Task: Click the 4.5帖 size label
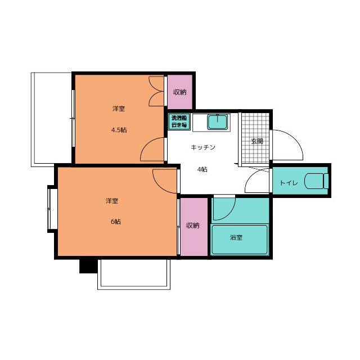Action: pyautogui.click(x=119, y=130)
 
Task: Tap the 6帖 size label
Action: pyautogui.click(x=116, y=222)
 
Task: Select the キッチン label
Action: pyautogui.click(x=203, y=147)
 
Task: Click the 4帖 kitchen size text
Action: pyautogui.click(x=202, y=169)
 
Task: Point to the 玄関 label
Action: pyautogui.click(x=257, y=141)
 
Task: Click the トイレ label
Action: pyautogui.click(x=289, y=183)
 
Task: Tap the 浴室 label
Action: pyautogui.click(x=236, y=237)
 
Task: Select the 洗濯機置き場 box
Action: pyautogui.click(x=179, y=121)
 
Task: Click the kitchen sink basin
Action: pyautogui.click(x=218, y=122)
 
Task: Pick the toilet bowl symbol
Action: pyautogui.click(x=316, y=181)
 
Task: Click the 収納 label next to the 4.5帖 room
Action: pyautogui.click(x=180, y=92)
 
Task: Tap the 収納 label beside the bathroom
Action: pyautogui.click(x=192, y=226)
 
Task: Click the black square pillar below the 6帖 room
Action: pyautogui.click(x=88, y=266)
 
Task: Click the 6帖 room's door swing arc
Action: pyautogui.click(x=159, y=187)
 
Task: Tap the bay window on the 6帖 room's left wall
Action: pyautogui.click(x=52, y=209)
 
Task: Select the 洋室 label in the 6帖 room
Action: pyautogui.click(x=112, y=201)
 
